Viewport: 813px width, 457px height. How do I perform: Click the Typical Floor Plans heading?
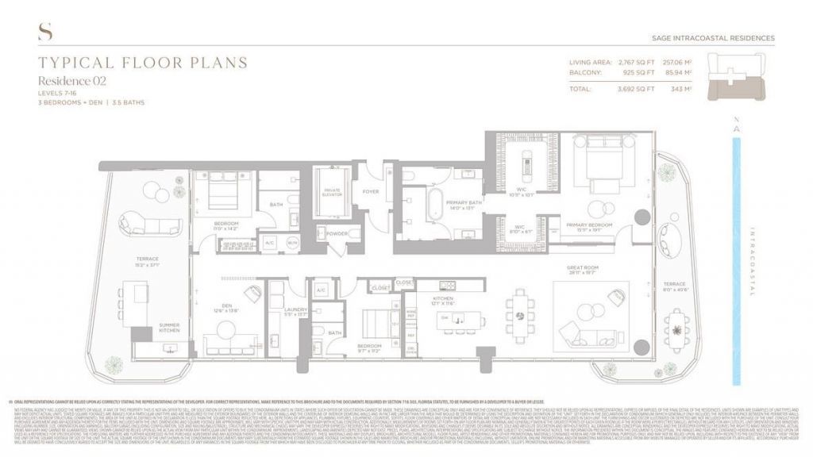[x=143, y=63]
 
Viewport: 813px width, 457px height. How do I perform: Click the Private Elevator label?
[x=332, y=191]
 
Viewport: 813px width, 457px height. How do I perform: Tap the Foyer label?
[x=371, y=191]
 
